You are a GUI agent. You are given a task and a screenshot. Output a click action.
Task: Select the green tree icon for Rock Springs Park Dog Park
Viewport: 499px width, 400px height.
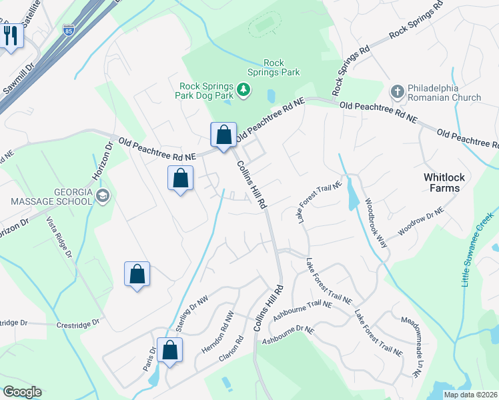(244, 89)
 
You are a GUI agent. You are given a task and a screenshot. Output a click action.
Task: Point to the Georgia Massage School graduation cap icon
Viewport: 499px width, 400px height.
(102, 195)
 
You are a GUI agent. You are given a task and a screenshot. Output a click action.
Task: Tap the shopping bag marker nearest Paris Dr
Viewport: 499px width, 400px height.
(170, 350)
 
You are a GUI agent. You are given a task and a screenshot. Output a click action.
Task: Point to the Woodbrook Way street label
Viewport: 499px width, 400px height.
(375, 223)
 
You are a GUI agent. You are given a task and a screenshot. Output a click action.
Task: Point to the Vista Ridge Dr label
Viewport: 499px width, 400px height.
(58, 237)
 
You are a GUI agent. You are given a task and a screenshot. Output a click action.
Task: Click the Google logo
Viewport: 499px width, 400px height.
(22, 392)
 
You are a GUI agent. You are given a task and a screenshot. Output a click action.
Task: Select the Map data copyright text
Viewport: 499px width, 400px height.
(471, 395)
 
